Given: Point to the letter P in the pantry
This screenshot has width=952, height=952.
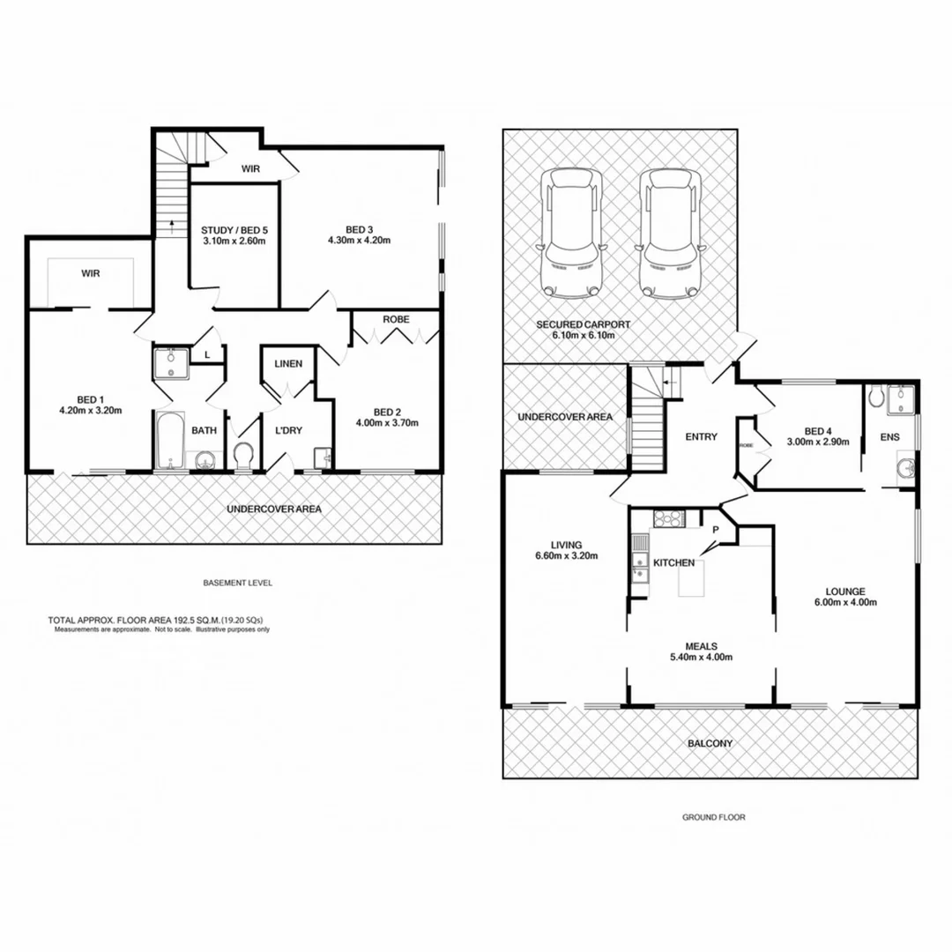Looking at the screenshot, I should (716, 531).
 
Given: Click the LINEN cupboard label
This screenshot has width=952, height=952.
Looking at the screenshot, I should (288, 363).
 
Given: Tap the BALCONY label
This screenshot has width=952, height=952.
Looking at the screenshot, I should (710, 743).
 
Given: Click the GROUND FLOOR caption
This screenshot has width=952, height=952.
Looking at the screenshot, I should (713, 817).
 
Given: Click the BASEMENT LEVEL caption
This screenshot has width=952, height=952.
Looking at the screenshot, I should (238, 583).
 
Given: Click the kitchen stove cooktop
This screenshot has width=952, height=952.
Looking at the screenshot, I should (667, 519).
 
